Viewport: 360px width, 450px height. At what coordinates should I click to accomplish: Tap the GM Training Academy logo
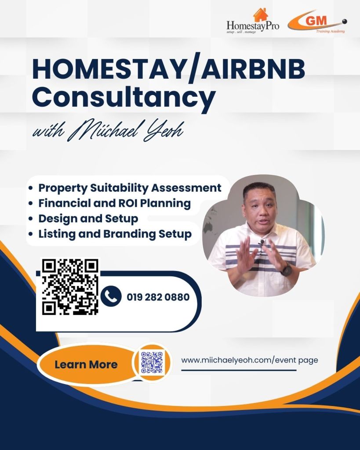coord(317,22)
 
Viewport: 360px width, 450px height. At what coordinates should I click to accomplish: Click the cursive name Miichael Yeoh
coord(127,131)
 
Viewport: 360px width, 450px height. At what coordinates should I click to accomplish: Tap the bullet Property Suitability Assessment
coord(130,188)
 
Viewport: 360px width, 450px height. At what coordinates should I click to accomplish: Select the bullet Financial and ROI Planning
coord(114,203)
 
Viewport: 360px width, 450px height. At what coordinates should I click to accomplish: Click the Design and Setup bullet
coord(88,218)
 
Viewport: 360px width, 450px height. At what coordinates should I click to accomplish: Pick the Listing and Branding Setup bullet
coord(115,234)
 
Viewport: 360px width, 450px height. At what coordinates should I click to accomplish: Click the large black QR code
coord(70,287)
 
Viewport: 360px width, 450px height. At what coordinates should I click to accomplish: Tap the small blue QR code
coord(152,362)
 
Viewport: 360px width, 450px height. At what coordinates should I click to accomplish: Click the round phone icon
coord(111,296)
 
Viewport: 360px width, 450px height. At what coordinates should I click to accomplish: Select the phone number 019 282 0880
coord(158,297)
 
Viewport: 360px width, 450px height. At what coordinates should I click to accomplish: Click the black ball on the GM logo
coord(345,22)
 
